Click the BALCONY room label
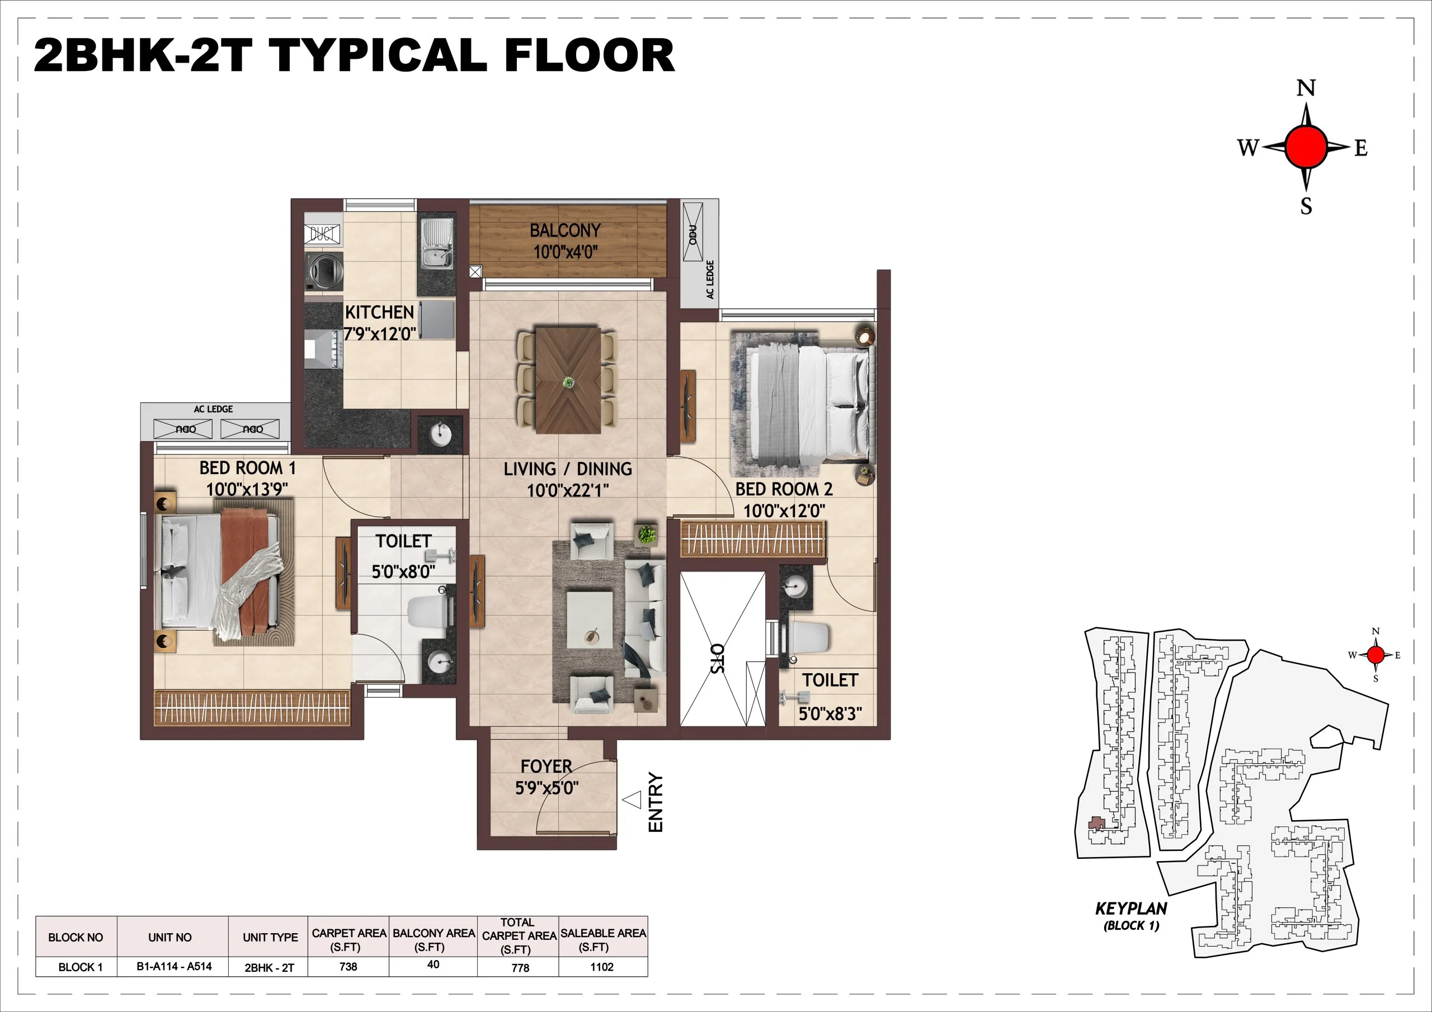pyautogui.click(x=565, y=231)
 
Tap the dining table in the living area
pyautogui.click(x=568, y=380)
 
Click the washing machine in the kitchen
pyautogui.click(x=324, y=271)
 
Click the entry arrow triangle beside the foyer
pyautogui.click(x=633, y=800)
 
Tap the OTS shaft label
pyautogui.click(x=718, y=659)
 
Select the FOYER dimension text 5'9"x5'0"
pyautogui.click(x=547, y=788)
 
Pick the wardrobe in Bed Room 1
pyautogui.click(x=251, y=708)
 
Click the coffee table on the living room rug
pyautogui.click(x=590, y=621)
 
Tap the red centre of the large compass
pyautogui.click(x=1306, y=147)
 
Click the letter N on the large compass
pyautogui.click(x=1306, y=88)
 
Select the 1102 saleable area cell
pyautogui.click(x=602, y=967)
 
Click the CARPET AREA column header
pyautogui.click(x=348, y=939)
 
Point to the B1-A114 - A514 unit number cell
pyautogui.click(x=174, y=967)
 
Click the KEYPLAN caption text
pyautogui.click(x=1130, y=909)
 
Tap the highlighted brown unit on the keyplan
pyautogui.click(x=1096, y=824)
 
